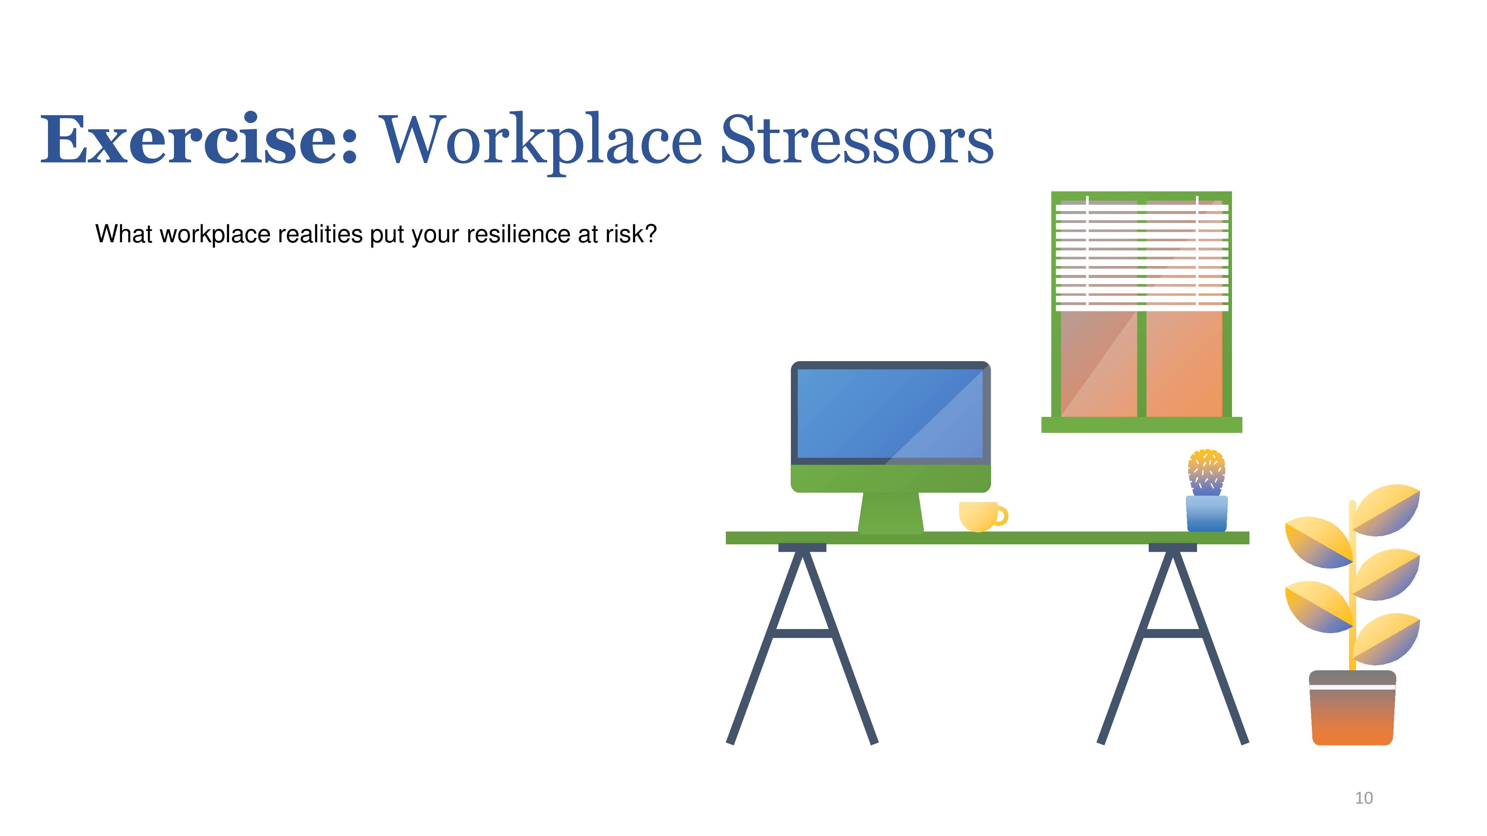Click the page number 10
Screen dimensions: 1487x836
pos(1364,798)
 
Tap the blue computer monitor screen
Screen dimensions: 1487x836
pos(890,414)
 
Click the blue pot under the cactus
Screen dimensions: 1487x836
pos(1206,513)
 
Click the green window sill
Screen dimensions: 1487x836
pos(1141,425)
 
